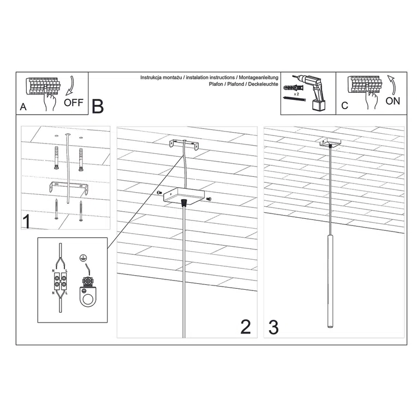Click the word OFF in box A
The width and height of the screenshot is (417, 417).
coord(73,103)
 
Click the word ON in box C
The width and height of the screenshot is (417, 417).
coord(393,101)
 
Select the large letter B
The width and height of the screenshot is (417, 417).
coord(97,106)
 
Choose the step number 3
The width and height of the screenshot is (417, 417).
coord(273,326)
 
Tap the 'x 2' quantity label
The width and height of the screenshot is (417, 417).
coord(296,94)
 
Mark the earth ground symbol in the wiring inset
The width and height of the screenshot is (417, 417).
coord(84,258)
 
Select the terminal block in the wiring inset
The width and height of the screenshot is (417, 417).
coord(59,283)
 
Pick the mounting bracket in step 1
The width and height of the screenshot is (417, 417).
coord(67,187)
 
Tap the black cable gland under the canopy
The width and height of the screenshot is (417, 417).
coord(184,202)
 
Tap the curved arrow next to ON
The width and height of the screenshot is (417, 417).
coord(392,86)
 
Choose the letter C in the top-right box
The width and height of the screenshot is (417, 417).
coord(344,106)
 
